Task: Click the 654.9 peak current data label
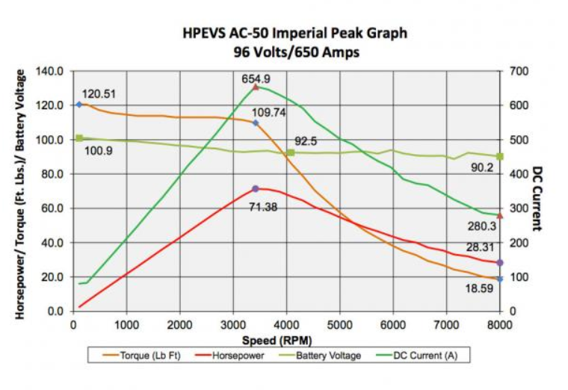point(256,78)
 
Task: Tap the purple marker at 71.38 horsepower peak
point(256,189)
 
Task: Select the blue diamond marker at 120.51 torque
point(79,105)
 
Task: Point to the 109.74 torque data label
point(268,113)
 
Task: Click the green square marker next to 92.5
point(291,153)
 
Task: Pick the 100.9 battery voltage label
point(99,151)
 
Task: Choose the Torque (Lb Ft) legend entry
point(142,356)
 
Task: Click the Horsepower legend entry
point(229,356)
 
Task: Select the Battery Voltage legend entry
point(320,356)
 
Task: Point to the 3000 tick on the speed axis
point(233,325)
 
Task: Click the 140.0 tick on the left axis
point(49,71)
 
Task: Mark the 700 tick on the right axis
point(519,71)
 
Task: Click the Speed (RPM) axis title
point(277,341)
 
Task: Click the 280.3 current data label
point(481,226)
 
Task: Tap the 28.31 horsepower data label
point(480,247)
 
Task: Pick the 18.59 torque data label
point(479,288)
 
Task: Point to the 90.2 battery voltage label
point(482,167)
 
